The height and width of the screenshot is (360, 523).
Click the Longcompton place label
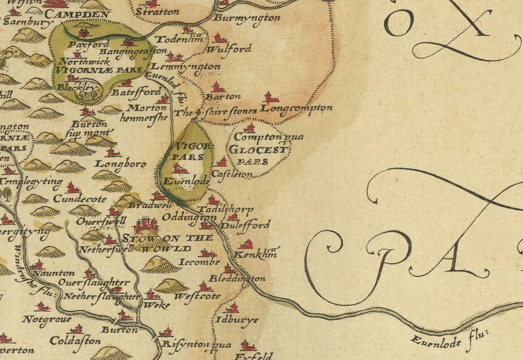pos(296,108)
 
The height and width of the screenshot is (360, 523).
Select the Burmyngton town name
pos(247,18)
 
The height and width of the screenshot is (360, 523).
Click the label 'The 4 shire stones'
pos(216,112)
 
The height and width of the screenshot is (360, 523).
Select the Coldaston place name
pos(75,341)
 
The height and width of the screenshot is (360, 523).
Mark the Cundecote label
pos(72,198)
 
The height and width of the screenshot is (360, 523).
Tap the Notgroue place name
pos(46,319)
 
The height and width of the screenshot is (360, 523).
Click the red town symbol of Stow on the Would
pos(145,224)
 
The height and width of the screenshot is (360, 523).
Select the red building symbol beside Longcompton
pos(268,98)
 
